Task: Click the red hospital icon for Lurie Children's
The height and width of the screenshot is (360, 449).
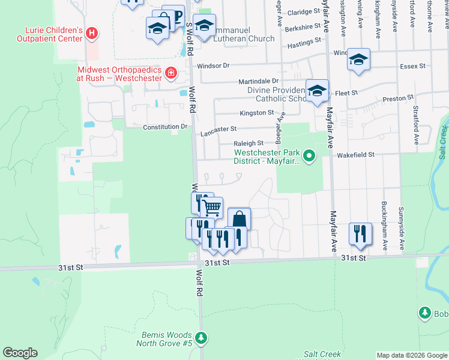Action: pos(91,34)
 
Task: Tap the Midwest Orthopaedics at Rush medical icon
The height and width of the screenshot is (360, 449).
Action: pos(171,73)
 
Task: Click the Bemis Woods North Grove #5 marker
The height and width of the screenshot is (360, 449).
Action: pos(203,338)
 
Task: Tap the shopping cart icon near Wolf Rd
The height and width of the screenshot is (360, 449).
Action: pos(211,208)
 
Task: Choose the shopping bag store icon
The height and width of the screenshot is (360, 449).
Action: pos(239,219)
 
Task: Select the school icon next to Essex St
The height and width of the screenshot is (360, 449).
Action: pos(358,59)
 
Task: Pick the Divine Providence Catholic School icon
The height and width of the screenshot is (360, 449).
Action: pos(317,91)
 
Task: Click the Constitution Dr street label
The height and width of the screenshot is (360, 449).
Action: pos(165,127)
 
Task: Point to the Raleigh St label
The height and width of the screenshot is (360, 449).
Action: pos(249,143)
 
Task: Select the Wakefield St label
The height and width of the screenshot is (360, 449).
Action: pos(355,154)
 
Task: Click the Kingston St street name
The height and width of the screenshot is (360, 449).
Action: pos(256,113)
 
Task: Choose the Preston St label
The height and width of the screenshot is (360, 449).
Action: pos(398,97)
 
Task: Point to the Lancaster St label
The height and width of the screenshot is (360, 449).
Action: pos(219,129)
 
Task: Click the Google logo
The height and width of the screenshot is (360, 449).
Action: pos(20,353)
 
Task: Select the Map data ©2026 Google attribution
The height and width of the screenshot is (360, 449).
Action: pos(411,355)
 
